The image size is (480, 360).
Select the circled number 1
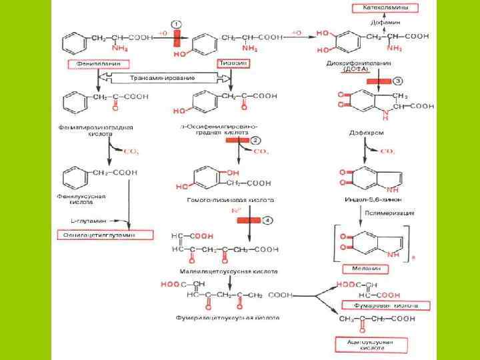(x=176, y=24)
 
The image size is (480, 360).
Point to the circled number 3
(x=397, y=81)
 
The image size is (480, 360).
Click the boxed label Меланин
(x=366, y=268)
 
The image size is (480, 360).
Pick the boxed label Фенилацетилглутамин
(x=105, y=235)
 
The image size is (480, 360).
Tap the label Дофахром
(x=367, y=133)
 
